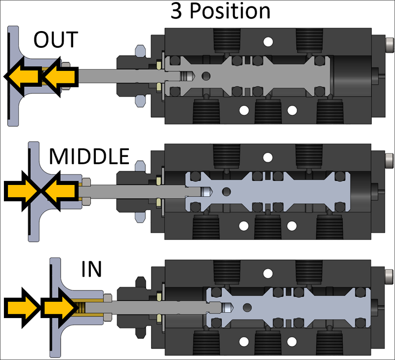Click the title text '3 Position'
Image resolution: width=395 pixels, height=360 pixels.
pos(221,11)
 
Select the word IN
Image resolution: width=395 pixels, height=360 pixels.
pos(91,269)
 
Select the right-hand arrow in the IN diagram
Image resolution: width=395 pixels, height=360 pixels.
pos(58,307)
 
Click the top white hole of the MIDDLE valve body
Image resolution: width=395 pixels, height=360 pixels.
pos(268,157)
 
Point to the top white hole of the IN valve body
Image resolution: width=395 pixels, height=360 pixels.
pos(268,272)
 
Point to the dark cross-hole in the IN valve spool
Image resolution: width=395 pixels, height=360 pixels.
pos(247,307)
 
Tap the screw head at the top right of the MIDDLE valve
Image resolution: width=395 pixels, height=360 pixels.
pos(388,161)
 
